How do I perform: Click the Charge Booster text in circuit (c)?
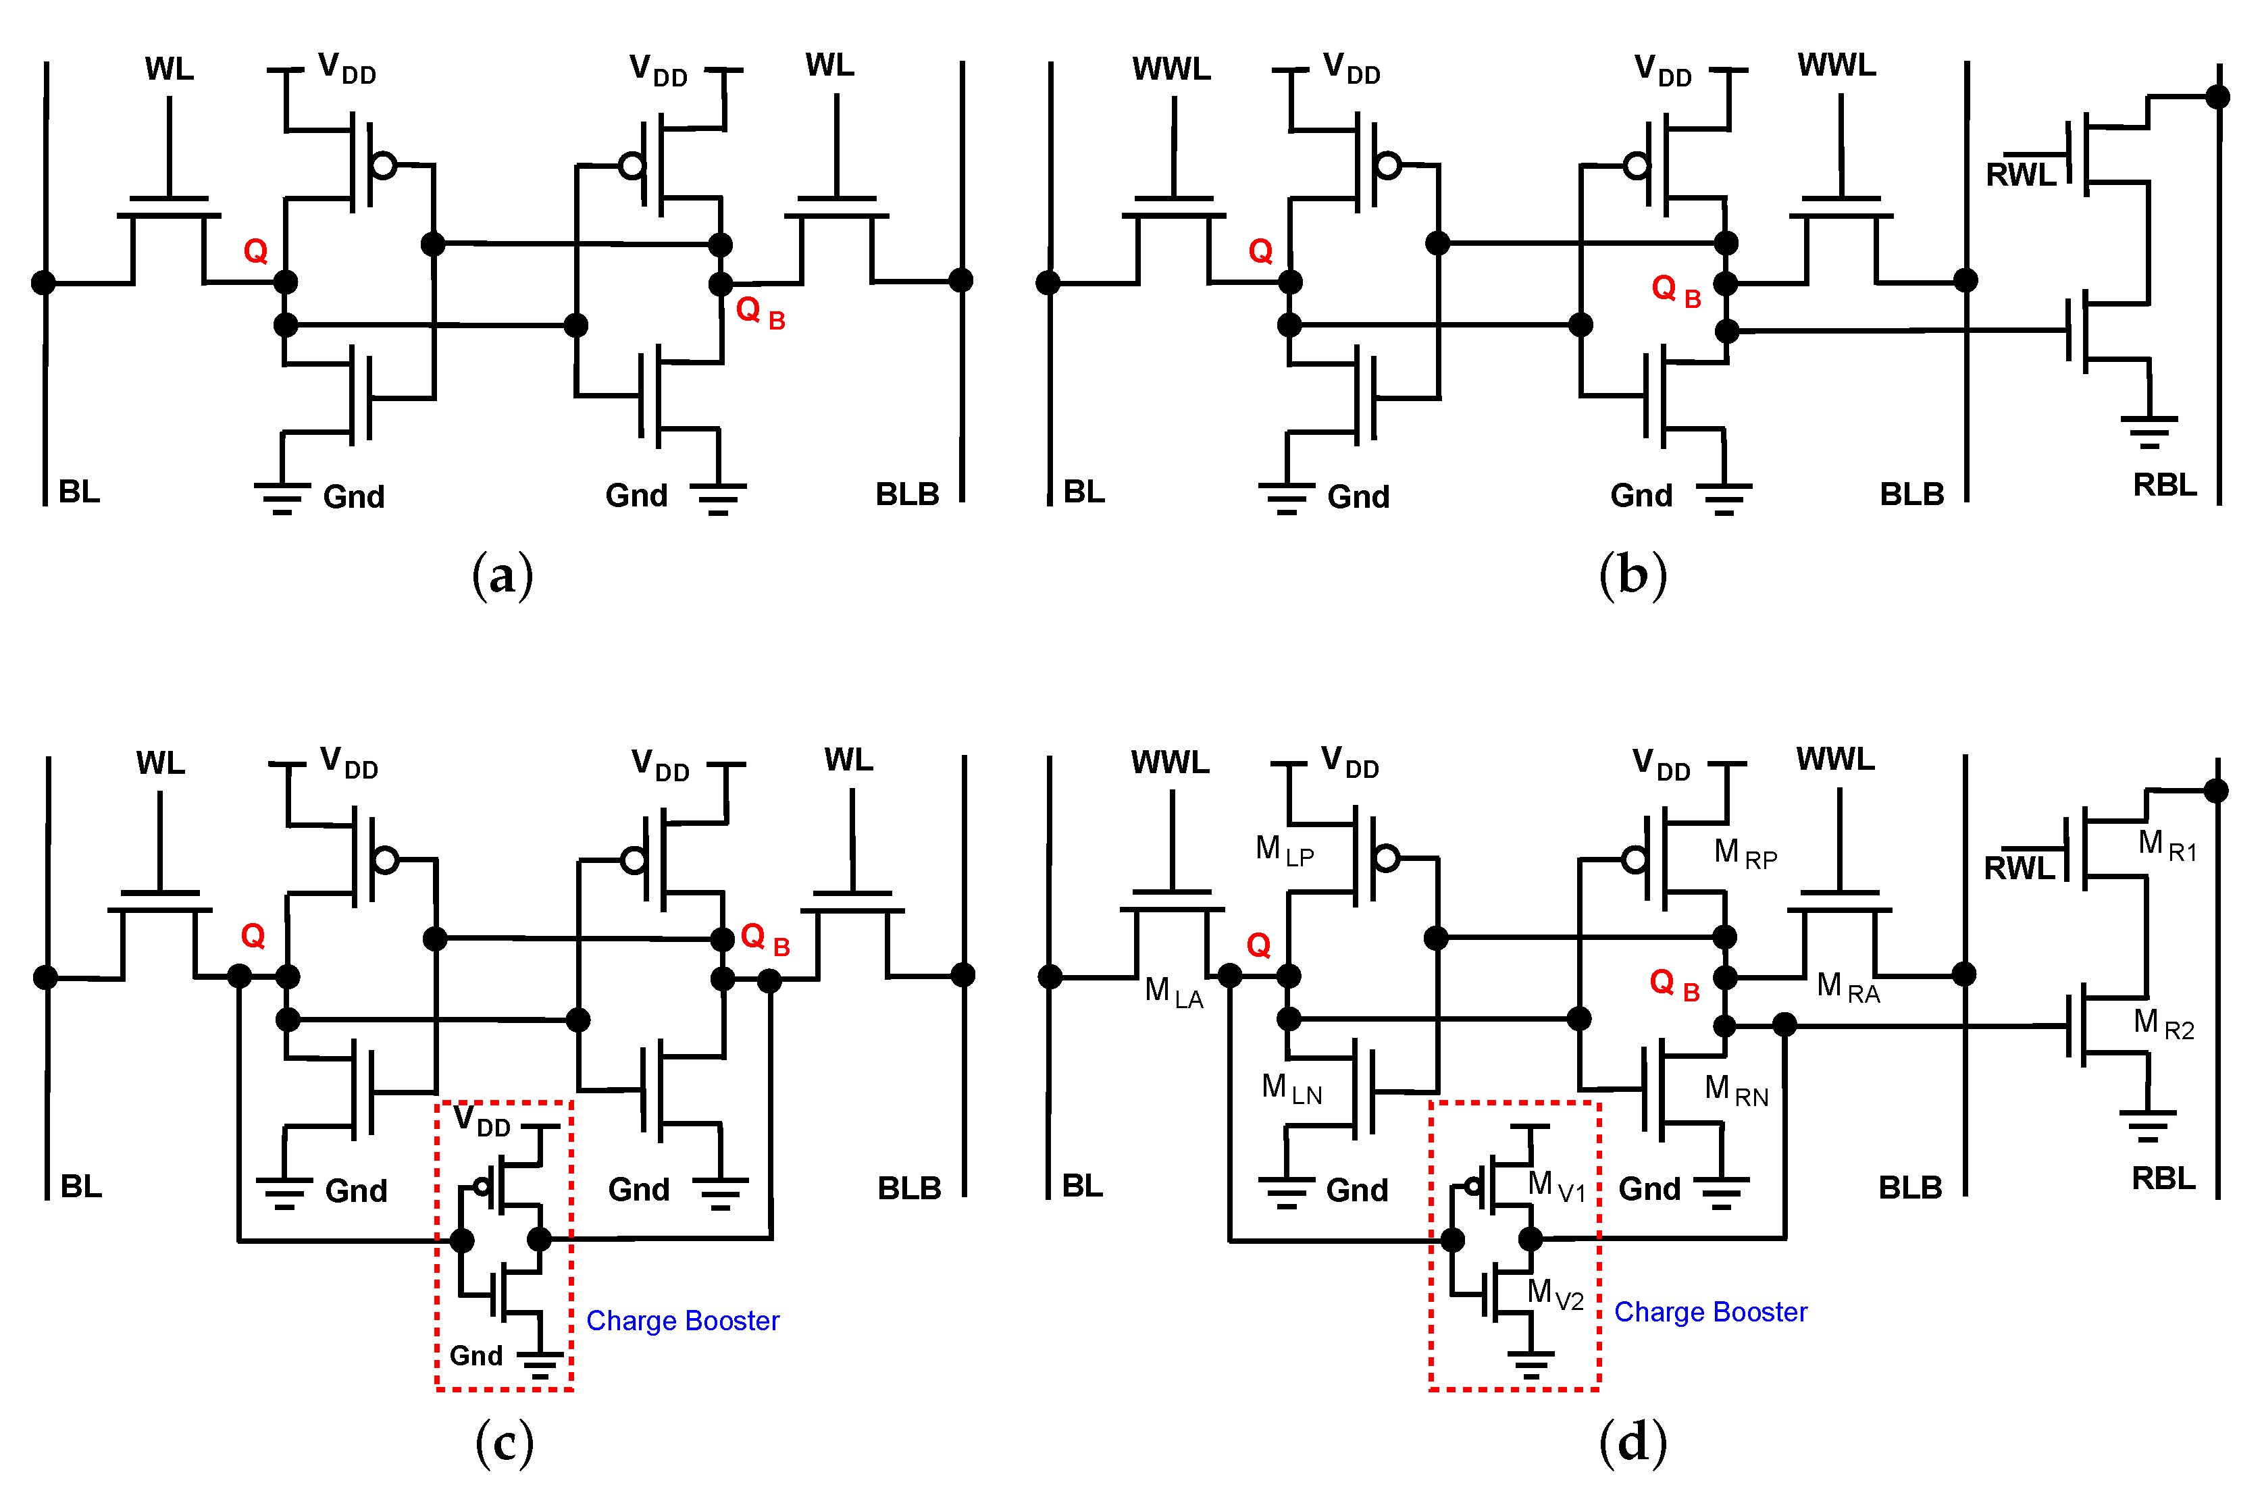pos(682,1321)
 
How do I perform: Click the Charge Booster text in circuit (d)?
pos(1710,1312)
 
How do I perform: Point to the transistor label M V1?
pos(1556,1186)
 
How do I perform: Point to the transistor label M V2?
pos(1554,1294)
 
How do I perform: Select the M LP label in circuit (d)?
pos(1283,849)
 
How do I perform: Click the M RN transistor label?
pos(1736,1090)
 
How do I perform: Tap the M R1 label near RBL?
pos(2167,845)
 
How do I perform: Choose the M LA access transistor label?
pos(1173,991)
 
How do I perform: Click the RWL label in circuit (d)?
pos(2019,868)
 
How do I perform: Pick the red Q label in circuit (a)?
pos(255,251)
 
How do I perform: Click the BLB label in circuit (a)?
pos(907,494)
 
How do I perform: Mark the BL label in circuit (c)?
pos(81,1186)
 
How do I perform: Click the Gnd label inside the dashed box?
pos(476,1355)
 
